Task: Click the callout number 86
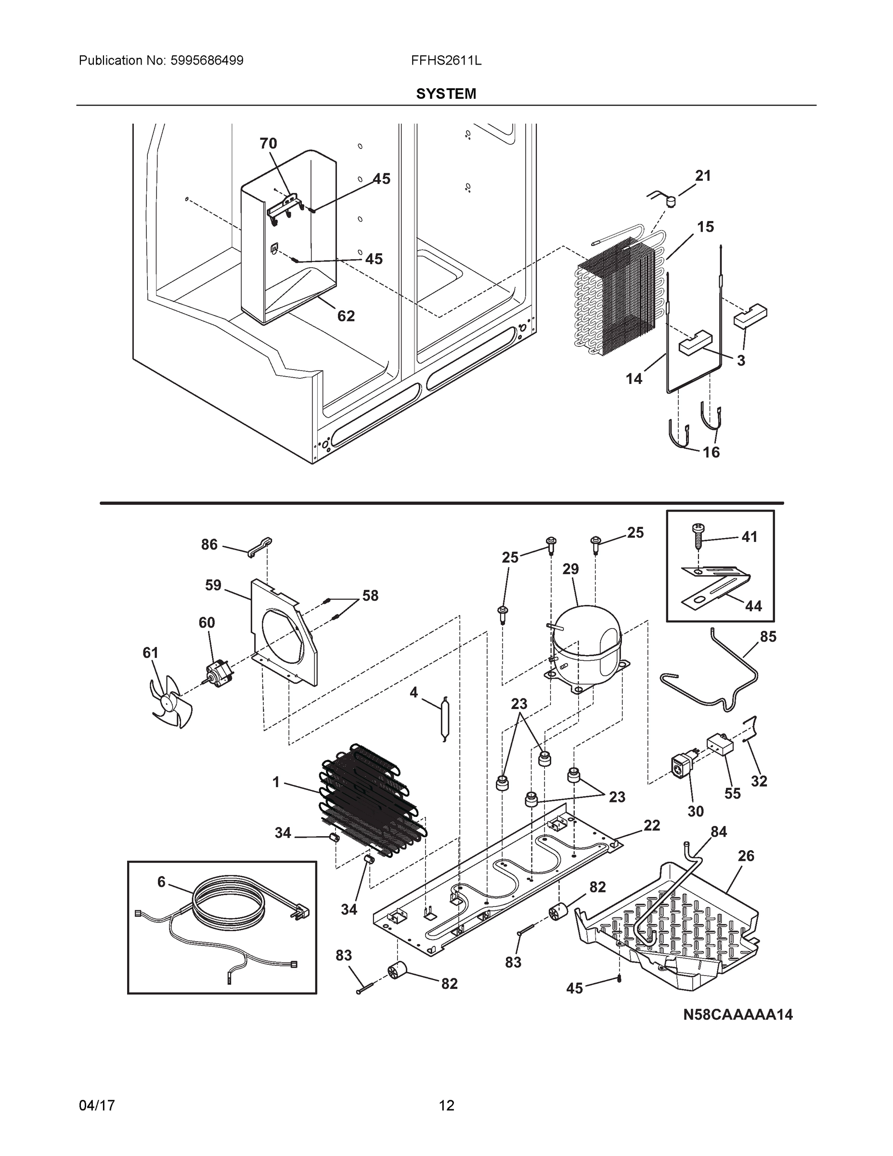209,544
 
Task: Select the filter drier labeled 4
443,718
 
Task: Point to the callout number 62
346,316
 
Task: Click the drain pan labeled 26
672,921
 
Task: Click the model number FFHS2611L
446,60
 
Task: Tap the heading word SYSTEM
446,94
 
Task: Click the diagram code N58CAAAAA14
738,1015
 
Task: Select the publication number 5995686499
207,60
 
